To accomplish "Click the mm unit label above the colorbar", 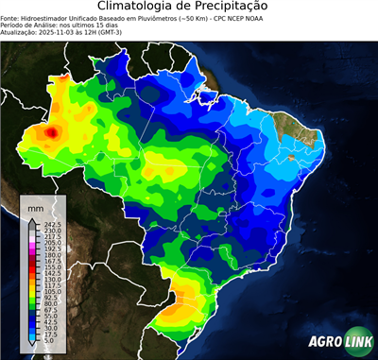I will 36,207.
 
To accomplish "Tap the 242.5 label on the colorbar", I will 51,224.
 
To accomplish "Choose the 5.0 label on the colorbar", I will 49,341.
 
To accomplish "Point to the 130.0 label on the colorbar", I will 51,280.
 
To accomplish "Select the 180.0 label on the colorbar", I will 51,255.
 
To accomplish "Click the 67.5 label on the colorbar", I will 50,310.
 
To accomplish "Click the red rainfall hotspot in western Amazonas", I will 52,133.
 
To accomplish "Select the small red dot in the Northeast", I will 291,158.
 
